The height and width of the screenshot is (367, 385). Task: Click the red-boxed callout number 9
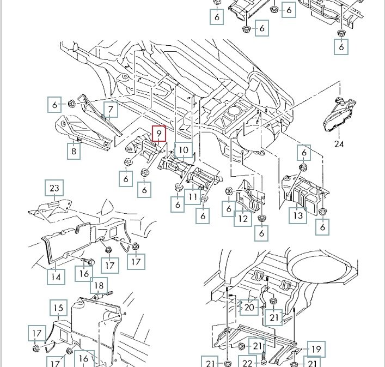tap(158, 133)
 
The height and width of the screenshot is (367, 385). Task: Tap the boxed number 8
tap(74, 151)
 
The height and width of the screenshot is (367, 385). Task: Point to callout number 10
tap(184, 150)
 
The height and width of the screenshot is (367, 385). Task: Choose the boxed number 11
tap(193, 195)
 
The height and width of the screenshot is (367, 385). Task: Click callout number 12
tap(243, 218)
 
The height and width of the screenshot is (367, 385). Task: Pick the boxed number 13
tap(298, 215)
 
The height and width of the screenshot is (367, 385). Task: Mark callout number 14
tap(56, 276)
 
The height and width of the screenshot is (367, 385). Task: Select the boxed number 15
tap(58, 309)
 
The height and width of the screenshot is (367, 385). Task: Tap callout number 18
tap(99, 286)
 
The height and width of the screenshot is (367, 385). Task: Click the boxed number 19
tap(315, 348)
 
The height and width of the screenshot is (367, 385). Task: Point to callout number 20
tap(249, 308)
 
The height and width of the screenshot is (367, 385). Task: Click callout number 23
tap(54, 189)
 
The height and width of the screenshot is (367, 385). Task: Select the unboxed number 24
tap(339, 145)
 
